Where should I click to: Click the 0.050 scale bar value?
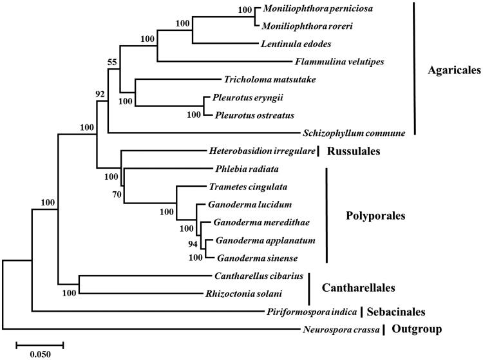40,354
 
